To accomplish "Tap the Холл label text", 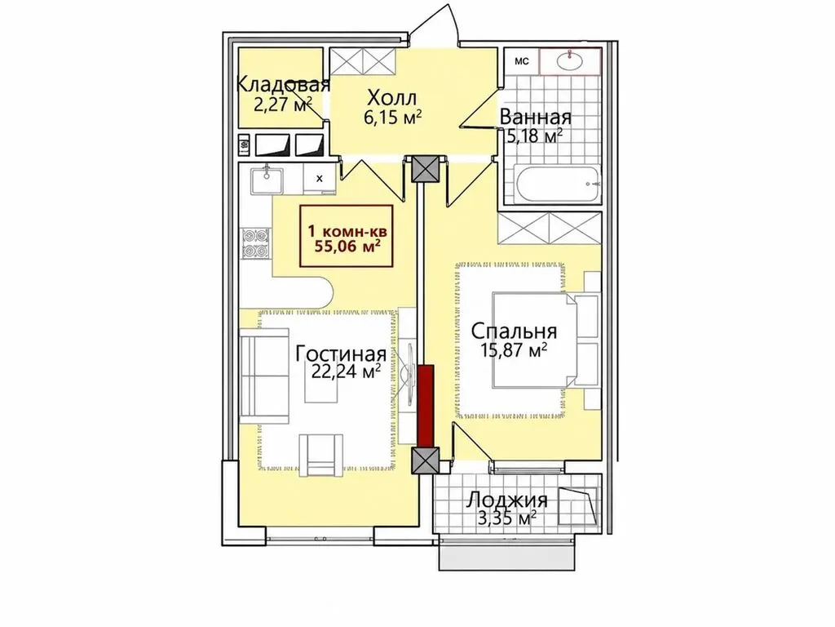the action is pyautogui.click(x=392, y=98).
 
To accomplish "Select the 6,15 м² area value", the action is pyautogui.click(x=392, y=117).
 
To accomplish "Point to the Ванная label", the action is pyautogui.click(x=535, y=117).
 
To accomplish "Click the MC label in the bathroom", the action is pyautogui.click(x=522, y=61).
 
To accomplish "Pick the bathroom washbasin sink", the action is pyautogui.click(x=570, y=60).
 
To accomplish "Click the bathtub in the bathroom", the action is pyautogui.click(x=556, y=184).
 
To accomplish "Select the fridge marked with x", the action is pyautogui.click(x=320, y=178).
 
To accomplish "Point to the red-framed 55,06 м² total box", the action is pyautogui.click(x=347, y=236).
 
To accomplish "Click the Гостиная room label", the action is pyautogui.click(x=341, y=354).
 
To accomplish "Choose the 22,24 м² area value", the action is pyautogui.click(x=346, y=371).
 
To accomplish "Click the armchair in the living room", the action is pyautogui.click(x=320, y=454).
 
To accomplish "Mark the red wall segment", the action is pyautogui.click(x=425, y=405).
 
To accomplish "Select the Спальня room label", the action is pyautogui.click(x=514, y=331).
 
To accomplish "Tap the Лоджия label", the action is pyautogui.click(x=507, y=500).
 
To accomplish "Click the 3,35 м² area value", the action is pyautogui.click(x=506, y=518).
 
